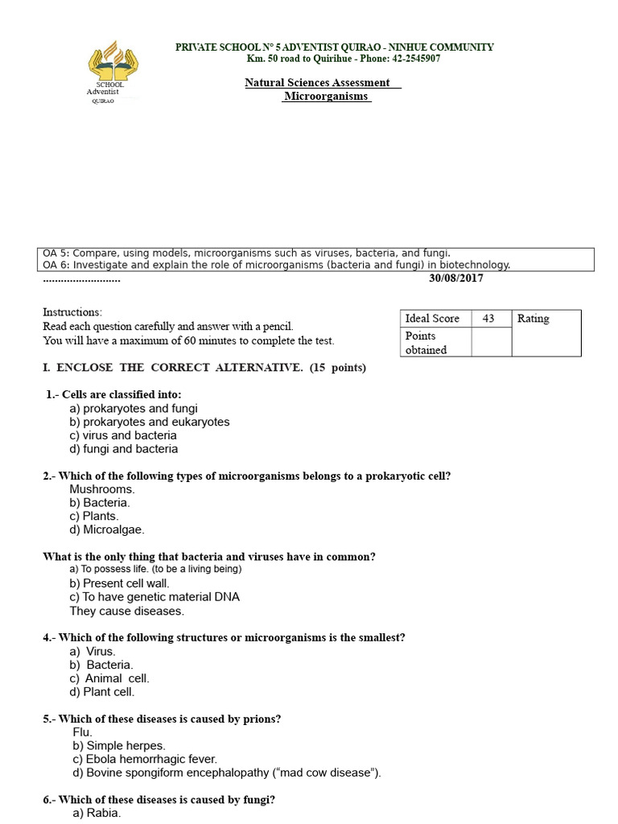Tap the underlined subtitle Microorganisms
tap(326, 96)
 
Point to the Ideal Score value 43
tap(488, 319)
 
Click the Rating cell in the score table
tap(533, 319)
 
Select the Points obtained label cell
tap(435, 343)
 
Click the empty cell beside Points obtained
tap(491, 343)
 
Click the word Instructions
tap(72, 312)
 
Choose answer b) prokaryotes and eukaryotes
tap(150, 422)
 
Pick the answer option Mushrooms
tap(102, 488)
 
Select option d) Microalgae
tap(107, 529)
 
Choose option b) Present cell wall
tap(119, 583)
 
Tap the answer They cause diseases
tap(116, 611)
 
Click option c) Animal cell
tap(109, 678)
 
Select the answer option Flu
tap(83, 732)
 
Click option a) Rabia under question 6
tap(96, 813)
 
